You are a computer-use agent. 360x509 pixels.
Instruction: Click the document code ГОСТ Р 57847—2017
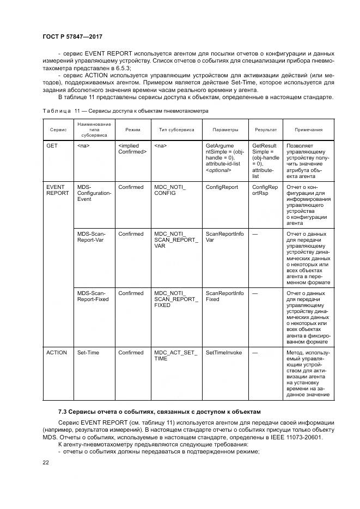tap(72, 37)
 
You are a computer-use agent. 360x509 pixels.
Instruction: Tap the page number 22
tap(46, 463)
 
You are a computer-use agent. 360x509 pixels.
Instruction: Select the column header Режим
tap(132, 130)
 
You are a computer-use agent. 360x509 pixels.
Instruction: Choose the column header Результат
tap(265, 130)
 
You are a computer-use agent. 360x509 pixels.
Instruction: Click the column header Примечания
tap(308, 130)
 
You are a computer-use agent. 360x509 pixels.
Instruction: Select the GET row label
tap(52, 146)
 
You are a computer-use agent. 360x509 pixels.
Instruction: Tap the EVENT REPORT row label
tap(57, 190)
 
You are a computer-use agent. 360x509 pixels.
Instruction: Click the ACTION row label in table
tap(57, 353)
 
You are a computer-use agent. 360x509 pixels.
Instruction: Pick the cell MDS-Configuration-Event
tap(94, 193)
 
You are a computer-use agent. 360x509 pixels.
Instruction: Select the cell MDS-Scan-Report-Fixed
tap(93, 296)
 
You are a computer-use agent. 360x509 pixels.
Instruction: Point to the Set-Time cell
tap(88, 353)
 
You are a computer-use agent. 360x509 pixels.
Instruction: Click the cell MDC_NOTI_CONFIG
tap(170, 190)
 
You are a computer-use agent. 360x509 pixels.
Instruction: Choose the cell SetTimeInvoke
tap(223, 353)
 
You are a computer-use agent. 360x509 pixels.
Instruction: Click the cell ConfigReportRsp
tap(265, 190)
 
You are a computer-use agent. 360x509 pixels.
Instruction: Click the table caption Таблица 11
tap(125, 111)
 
